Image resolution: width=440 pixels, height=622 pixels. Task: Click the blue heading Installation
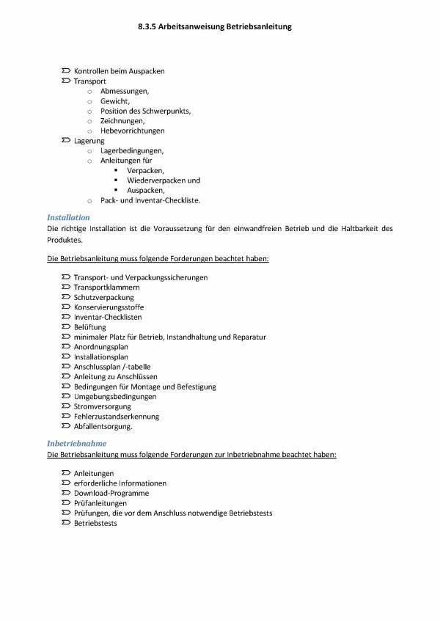[x=68, y=218]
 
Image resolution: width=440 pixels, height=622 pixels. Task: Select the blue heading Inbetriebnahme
[x=76, y=444]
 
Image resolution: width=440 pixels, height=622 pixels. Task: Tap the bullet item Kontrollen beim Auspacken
[x=119, y=71]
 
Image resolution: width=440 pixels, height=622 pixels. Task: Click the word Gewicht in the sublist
[x=114, y=101]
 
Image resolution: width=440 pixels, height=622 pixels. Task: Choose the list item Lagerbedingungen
[x=132, y=150]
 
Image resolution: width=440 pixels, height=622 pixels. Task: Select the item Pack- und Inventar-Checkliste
[x=150, y=200]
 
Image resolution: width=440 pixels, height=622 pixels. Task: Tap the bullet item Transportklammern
[x=106, y=288]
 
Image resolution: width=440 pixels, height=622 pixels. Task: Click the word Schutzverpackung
[x=103, y=298]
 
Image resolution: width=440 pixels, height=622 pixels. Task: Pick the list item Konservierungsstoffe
[x=108, y=307]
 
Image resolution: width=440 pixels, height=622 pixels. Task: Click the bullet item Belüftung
[x=89, y=327]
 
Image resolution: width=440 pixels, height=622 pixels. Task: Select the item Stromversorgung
[x=103, y=406]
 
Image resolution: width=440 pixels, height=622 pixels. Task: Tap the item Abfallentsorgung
[x=103, y=426]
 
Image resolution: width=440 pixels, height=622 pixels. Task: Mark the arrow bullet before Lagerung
[x=66, y=140]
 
